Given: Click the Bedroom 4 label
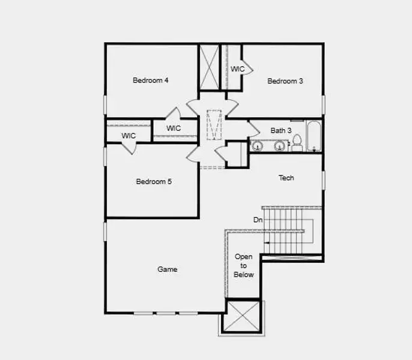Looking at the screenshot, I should [x=150, y=80].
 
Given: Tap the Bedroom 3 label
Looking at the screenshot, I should [x=285, y=81].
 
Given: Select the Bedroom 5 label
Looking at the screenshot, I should [x=154, y=182].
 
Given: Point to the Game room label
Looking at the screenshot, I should [x=167, y=269].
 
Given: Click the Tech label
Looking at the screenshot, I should [x=286, y=178].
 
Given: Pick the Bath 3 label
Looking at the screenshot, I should [x=281, y=130].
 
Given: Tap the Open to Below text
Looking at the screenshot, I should [x=244, y=266].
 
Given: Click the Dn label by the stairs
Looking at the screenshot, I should [x=258, y=220].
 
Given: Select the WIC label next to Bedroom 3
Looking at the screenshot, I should [x=238, y=69].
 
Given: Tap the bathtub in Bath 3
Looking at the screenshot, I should [x=314, y=137].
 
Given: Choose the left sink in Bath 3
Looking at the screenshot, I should [x=258, y=145].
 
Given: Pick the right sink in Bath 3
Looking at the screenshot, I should [x=279, y=145].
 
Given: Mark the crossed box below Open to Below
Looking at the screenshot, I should [x=242, y=316].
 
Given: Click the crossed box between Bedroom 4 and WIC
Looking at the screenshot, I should [x=210, y=67].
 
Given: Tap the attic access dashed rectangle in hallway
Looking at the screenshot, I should [x=214, y=124].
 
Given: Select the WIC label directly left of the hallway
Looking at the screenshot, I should [x=174, y=128].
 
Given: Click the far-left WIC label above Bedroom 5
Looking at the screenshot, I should [x=129, y=136].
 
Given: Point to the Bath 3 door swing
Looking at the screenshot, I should [x=253, y=127].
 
